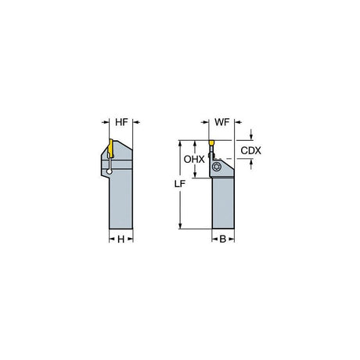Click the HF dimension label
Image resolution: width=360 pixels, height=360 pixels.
pos(121,122)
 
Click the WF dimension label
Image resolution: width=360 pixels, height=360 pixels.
pos(221,122)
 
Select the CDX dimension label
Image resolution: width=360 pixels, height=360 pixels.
pos(250,150)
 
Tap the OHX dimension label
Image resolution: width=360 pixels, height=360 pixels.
pos(194,159)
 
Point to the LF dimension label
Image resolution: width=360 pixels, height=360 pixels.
pos(180,184)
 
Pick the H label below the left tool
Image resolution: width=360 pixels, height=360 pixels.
pos(121,239)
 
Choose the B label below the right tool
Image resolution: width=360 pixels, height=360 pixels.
pos(222,239)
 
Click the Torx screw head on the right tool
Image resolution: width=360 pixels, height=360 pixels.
pos(217,166)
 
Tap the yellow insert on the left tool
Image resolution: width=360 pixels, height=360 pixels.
pos(110,148)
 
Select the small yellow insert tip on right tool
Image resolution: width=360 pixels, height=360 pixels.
pos(211,142)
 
